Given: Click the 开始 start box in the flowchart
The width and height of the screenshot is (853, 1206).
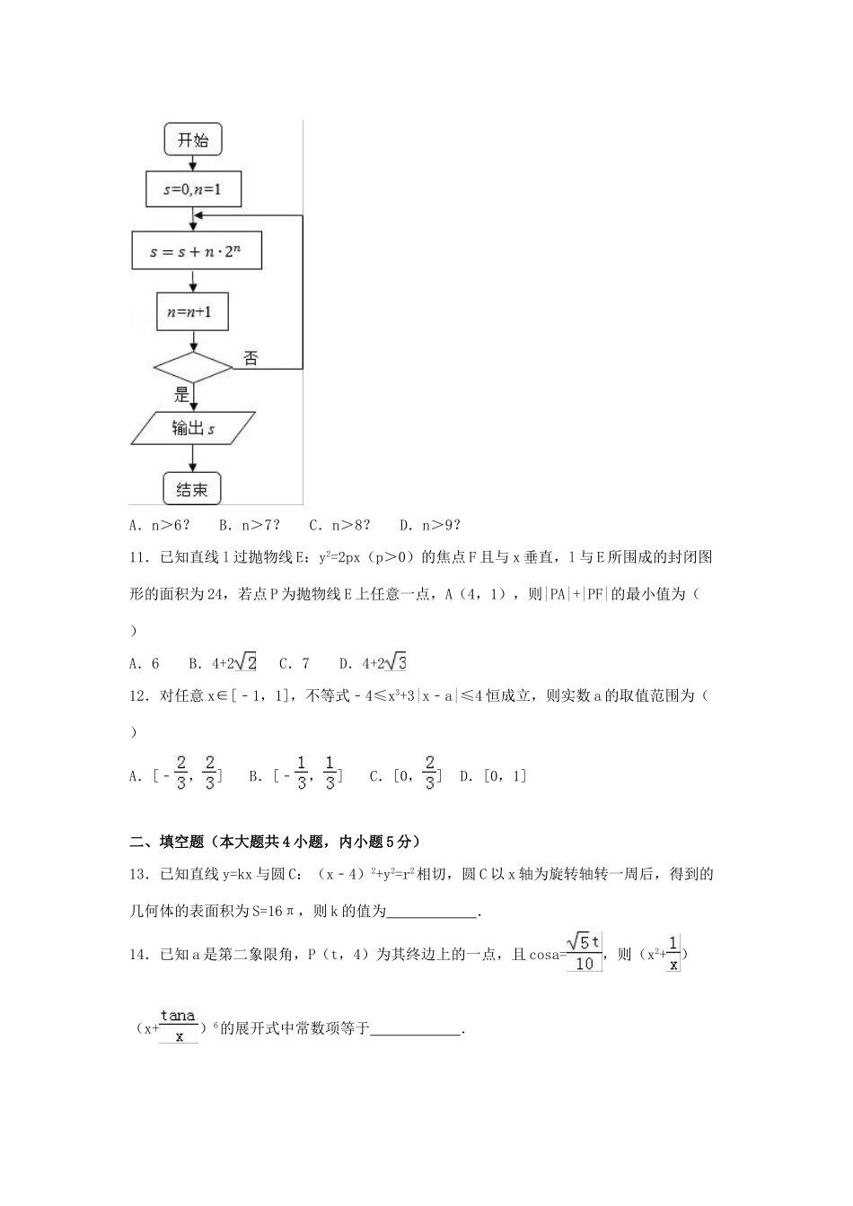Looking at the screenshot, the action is pyautogui.click(x=192, y=140).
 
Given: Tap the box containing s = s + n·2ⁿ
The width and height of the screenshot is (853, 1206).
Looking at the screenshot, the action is pyautogui.click(x=196, y=251).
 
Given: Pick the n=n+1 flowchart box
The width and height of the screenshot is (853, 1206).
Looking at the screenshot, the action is pyautogui.click(x=192, y=312).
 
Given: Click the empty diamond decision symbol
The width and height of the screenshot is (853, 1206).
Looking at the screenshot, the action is pyautogui.click(x=193, y=368).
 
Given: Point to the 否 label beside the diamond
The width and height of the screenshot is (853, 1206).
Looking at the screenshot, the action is pyautogui.click(x=251, y=358).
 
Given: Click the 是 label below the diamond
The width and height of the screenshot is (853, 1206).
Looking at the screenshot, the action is pyautogui.click(x=181, y=394).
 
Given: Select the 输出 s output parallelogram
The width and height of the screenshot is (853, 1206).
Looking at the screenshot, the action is pyautogui.click(x=193, y=429).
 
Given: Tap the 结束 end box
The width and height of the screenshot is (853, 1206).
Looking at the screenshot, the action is pyautogui.click(x=192, y=489).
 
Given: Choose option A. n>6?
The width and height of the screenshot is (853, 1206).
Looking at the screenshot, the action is pyautogui.click(x=160, y=526).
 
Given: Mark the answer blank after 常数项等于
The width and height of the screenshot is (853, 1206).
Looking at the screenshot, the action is pyautogui.click(x=415, y=1030).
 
